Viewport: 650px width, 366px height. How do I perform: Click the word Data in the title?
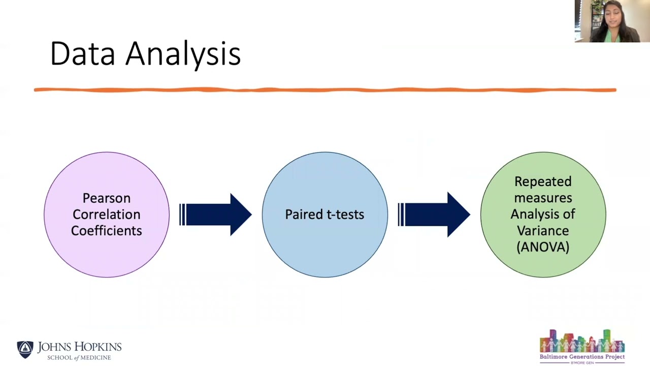pyautogui.click(x=82, y=53)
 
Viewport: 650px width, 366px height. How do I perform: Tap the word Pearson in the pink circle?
pyautogui.click(x=106, y=198)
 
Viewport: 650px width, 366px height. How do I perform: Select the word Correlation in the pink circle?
pyautogui.click(x=106, y=215)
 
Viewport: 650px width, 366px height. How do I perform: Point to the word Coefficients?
pyautogui.click(x=106, y=231)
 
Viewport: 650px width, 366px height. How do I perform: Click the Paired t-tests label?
pyautogui.click(x=324, y=215)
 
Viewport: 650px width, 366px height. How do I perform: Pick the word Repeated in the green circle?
pyautogui.click(x=543, y=182)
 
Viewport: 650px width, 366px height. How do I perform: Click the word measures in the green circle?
pyautogui.click(x=543, y=198)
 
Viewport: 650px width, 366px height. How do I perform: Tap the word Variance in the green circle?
pyautogui.click(x=543, y=231)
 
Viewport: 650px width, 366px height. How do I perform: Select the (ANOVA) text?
pyautogui.click(x=543, y=247)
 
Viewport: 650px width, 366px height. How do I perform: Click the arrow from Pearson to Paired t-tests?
pyautogui.click(x=216, y=215)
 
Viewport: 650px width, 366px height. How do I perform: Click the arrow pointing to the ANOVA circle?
pyautogui.click(x=434, y=215)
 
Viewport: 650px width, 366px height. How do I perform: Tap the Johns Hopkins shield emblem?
pyautogui.click(x=25, y=349)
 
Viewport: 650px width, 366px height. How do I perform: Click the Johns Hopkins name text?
pyautogui.click(x=79, y=347)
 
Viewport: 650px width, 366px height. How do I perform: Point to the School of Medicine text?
pyautogui.click(x=79, y=358)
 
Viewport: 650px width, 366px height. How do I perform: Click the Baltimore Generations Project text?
pyautogui.click(x=582, y=357)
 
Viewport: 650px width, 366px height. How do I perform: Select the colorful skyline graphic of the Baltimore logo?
pyautogui.click(x=582, y=341)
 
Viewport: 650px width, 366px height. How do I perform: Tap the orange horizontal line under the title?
pyautogui.click(x=325, y=90)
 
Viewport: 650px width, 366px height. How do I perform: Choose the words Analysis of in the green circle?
pyautogui.click(x=543, y=215)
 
